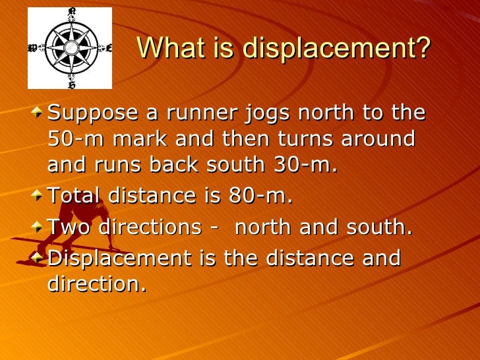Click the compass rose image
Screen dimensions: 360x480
pyautogui.click(x=69, y=47)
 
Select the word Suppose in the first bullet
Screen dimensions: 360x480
pyautogui.click(x=92, y=113)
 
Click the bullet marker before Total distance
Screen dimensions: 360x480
pyautogui.click(x=41, y=196)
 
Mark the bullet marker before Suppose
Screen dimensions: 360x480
pyautogui.click(x=41, y=113)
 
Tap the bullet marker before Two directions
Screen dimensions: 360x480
pyautogui.click(x=41, y=227)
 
